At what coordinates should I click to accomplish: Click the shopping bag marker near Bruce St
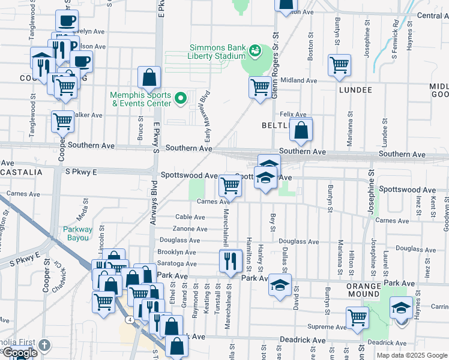(x=149, y=77)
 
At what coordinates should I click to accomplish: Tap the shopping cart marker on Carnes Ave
(x=230, y=186)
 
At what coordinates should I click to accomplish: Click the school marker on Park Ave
(x=280, y=285)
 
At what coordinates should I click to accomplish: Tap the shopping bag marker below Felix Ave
(x=301, y=129)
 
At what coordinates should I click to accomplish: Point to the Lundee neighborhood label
(x=355, y=90)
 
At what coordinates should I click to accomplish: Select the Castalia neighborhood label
(x=22, y=172)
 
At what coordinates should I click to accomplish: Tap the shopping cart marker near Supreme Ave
(x=357, y=317)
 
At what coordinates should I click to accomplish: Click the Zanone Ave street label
(x=190, y=229)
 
